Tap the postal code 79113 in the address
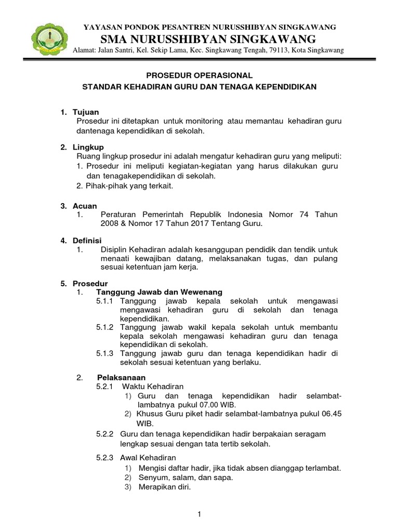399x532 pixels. pos(275,50)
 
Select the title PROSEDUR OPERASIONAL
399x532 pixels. pos(199,75)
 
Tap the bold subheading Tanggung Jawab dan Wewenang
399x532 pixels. pos(159,292)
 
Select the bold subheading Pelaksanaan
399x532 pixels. pos(122,377)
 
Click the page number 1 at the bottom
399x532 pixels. pos(199,514)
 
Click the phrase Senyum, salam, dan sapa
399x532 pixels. pos(185,477)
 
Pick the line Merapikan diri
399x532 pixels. pos(165,487)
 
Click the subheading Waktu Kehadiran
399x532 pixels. pos(153,387)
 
